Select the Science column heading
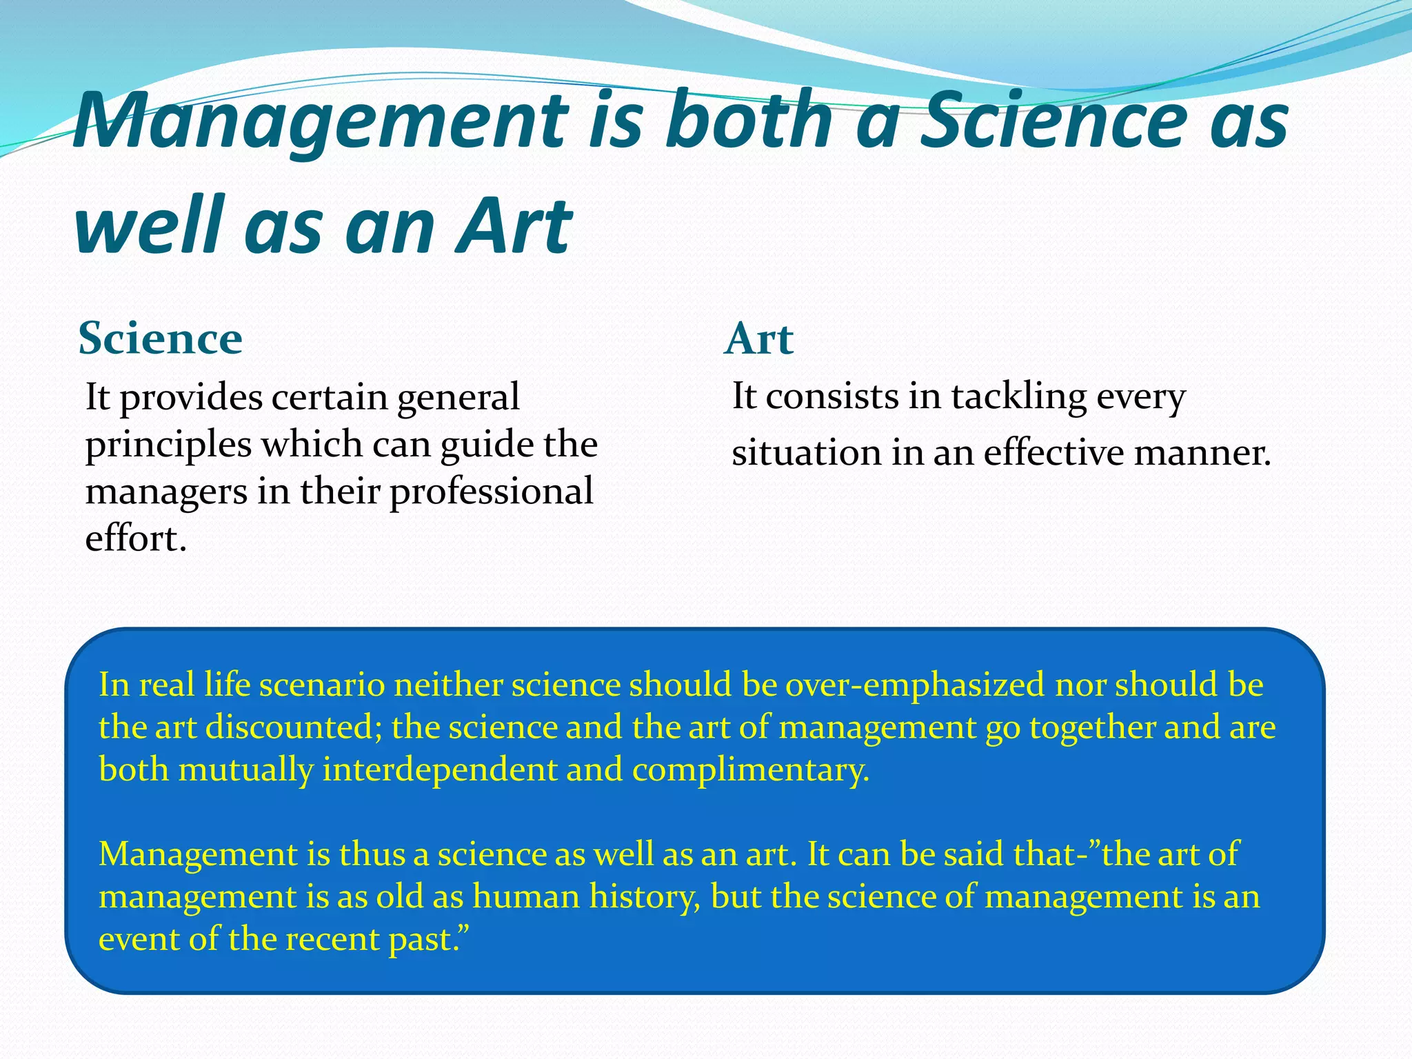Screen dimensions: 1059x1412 click(x=160, y=339)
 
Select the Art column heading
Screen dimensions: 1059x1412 click(x=759, y=339)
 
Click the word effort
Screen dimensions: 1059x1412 click(x=135, y=538)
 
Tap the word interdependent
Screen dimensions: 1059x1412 click(x=439, y=770)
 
